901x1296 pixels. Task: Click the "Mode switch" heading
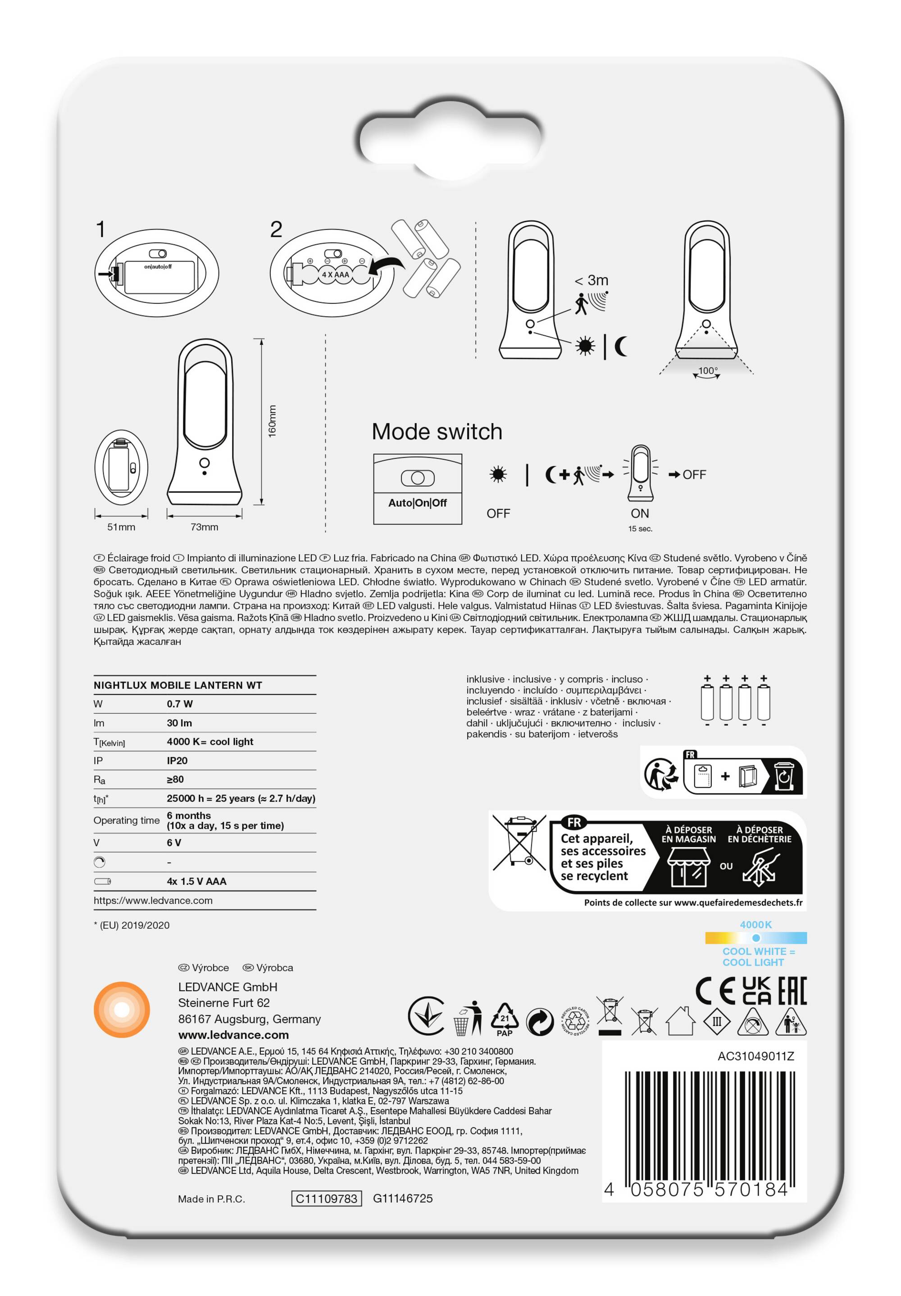point(437,432)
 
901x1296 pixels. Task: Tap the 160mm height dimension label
point(272,421)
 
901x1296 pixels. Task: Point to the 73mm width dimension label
point(204,527)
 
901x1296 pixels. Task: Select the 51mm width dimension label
point(121,527)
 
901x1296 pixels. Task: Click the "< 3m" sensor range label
point(591,280)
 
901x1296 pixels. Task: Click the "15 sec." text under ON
point(640,529)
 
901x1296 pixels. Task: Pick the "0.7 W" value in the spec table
point(179,704)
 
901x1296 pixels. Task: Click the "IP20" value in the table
point(177,760)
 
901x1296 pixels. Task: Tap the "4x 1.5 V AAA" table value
point(196,881)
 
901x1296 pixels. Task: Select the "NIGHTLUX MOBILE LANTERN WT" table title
point(177,685)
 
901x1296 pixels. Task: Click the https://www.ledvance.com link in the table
point(153,900)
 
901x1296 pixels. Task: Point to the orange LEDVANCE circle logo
point(122,1009)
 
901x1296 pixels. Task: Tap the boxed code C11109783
point(327,1198)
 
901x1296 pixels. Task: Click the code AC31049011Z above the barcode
point(755,1056)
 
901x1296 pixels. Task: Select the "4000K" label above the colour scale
point(755,925)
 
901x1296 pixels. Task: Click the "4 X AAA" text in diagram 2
point(335,275)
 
